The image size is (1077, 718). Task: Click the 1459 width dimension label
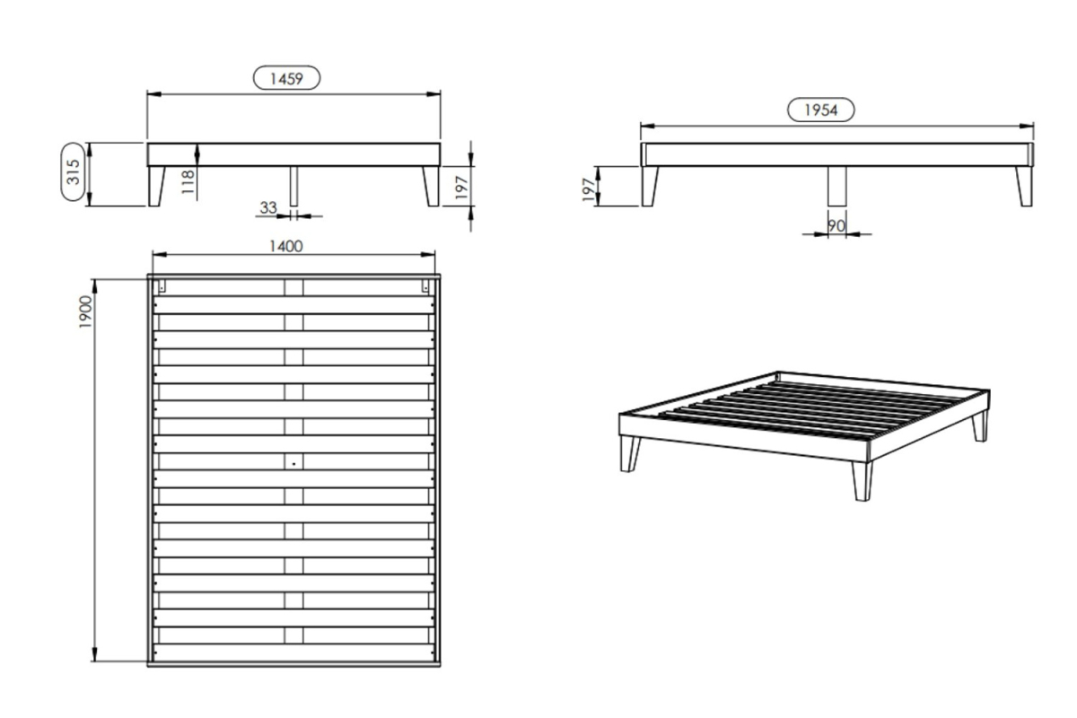(286, 78)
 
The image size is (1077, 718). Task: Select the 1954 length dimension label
(820, 110)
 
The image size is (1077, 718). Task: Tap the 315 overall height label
(73, 171)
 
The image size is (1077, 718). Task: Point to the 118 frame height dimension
(188, 182)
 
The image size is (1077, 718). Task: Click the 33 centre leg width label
(268, 207)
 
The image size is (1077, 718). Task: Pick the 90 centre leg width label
(836, 225)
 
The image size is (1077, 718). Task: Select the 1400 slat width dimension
(286, 246)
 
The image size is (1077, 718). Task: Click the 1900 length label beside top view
(85, 312)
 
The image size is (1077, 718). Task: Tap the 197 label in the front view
(461, 188)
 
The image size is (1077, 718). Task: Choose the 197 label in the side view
(588, 189)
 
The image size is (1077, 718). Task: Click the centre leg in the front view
(293, 187)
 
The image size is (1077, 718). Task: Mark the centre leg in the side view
(837, 187)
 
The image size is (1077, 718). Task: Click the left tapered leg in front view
(156, 187)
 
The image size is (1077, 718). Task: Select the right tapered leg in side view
(1025, 187)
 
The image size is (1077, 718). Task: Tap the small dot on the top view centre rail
(293, 464)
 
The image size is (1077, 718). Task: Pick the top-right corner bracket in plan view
(425, 286)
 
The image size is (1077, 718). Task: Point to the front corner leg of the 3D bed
(862, 481)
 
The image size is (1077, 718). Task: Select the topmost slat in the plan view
(293, 305)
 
